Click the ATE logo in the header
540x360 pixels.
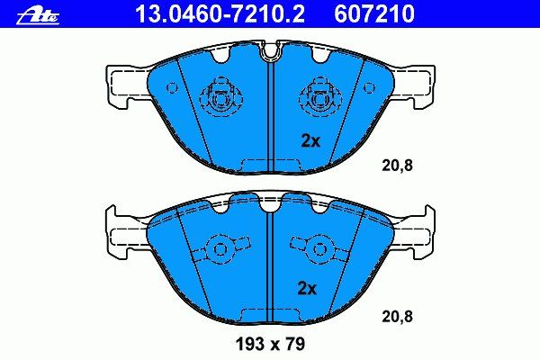[38, 16]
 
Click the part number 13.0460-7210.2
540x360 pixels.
[220, 14]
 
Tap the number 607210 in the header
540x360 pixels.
[374, 14]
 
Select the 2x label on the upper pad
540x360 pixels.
[310, 140]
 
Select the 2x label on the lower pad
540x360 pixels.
[307, 288]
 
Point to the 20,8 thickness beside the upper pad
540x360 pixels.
[397, 166]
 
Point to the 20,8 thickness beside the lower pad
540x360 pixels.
[397, 316]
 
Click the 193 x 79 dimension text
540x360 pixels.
[270, 344]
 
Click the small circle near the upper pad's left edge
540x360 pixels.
[172, 88]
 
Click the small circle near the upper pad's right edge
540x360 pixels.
[368, 87]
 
